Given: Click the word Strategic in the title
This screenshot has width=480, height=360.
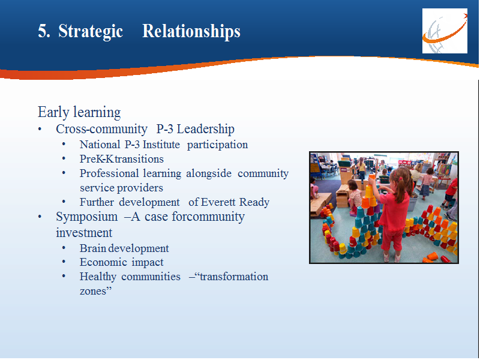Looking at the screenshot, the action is tap(91, 32).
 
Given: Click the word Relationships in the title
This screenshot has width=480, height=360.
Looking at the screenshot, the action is tap(191, 32).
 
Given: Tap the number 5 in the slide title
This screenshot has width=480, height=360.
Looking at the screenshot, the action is tap(44, 31).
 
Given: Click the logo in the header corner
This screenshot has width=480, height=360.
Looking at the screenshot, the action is tap(445, 31).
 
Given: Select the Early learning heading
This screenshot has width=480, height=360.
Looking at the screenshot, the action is tap(79, 112).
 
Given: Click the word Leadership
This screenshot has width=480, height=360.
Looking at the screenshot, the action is tap(205, 129).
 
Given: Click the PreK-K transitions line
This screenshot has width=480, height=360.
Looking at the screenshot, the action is tap(122, 159).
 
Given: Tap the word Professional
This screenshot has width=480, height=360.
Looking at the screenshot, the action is tap(109, 173).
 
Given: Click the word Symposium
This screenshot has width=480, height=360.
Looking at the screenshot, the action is tap(86, 217).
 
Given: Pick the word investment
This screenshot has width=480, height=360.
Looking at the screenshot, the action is tap(84, 233).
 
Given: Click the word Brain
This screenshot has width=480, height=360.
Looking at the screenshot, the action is tap(93, 248).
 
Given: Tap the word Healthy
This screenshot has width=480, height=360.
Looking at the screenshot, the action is tap(98, 277).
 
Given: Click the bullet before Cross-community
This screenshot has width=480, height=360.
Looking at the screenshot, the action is tap(40, 129).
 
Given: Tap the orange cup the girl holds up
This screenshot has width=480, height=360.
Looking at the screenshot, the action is tap(372, 176).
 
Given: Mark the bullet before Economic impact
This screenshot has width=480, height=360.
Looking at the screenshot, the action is tap(64, 262).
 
